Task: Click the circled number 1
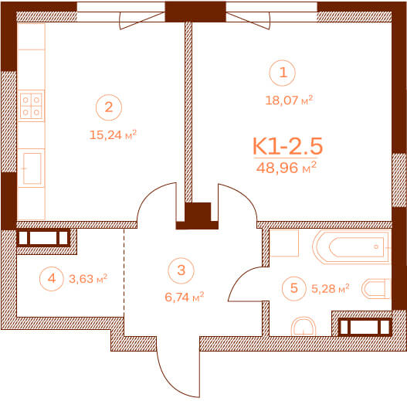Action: click(x=283, y=73)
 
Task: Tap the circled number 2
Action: click(x=109, y=107)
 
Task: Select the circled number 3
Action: click(x=181, y=270)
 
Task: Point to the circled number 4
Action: click(x=52, y=279)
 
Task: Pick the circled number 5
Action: click(x=294, y=288)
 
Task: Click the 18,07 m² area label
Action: click(x=289, y=100)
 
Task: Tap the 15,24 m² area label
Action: click(x=113, y=134)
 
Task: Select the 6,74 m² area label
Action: click(x=185, y=297)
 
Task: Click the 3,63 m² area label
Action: click(x=88, y=279)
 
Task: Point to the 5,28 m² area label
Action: click(x=331, y=288)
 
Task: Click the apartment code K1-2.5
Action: click(x=287, y=146)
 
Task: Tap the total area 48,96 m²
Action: click(x=287, y=168)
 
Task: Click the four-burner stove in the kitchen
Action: click(x=31, y=106)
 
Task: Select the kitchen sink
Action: click(x=32, y=168)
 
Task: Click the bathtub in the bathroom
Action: click(x=351, y=247)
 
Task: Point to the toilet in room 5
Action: click(x=376, y=288)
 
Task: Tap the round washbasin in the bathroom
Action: click(x=304, y=327)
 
